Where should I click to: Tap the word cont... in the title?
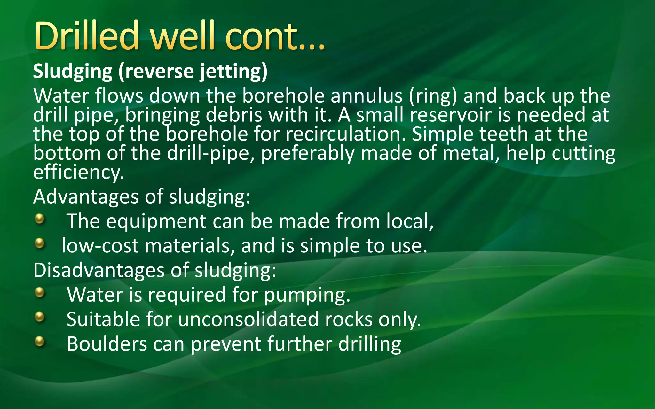pos(275,36)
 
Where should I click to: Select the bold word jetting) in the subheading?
pos(234,71)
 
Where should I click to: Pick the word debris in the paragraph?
pos(234,115)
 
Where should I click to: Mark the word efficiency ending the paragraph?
pos(78,173)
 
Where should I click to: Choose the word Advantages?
pos(86,197)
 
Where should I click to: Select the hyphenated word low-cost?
pos(100,246)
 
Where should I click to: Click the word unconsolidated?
pos(248,319)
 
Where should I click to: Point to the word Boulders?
pos(107,344)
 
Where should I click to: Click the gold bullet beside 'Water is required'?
pos(39,292)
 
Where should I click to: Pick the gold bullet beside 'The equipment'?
pos(39,219)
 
